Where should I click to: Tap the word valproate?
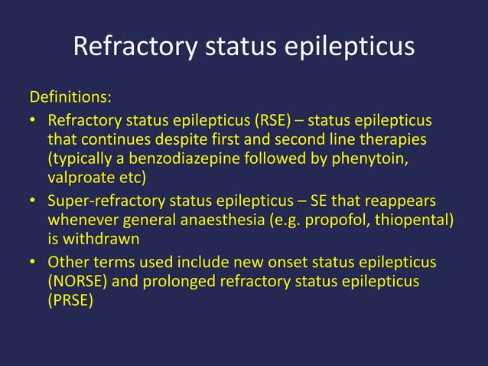click(x=80, y=178)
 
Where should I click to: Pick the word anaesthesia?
click(x=231, y=220)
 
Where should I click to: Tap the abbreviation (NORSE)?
click(x=78, y=281)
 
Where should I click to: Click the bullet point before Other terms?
click(x=34, y=263)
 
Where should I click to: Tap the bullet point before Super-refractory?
click(x=34, y=201)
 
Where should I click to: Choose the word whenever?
click(x=83, y=220)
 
